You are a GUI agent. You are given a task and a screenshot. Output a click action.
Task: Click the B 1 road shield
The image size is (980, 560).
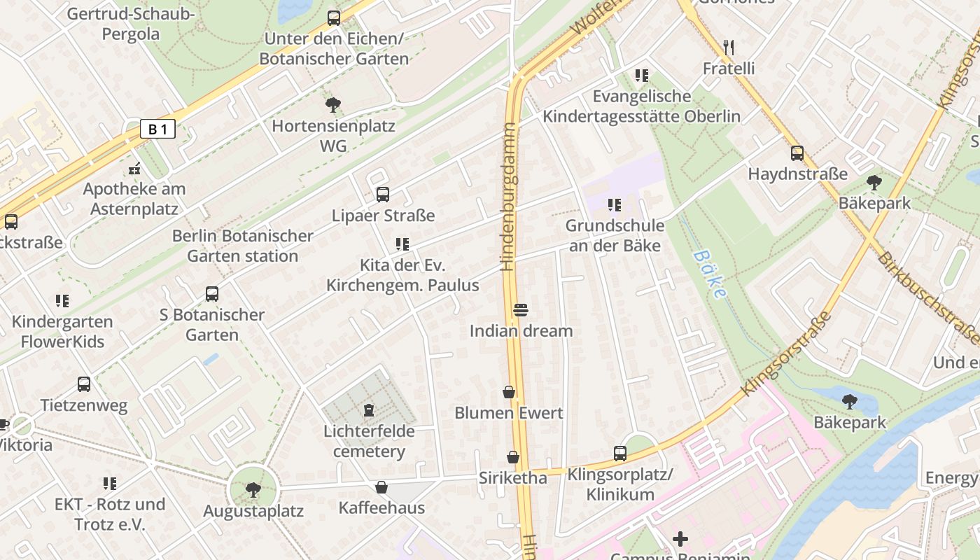point(157,129)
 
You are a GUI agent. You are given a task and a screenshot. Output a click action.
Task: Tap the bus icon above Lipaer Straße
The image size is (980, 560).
point(382,195)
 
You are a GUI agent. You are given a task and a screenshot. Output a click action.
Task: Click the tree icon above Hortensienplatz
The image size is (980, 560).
point(333,106)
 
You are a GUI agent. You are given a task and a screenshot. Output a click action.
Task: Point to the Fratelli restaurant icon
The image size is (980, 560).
point(729,48)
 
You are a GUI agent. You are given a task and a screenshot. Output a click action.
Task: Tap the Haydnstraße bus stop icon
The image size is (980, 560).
point(797,153)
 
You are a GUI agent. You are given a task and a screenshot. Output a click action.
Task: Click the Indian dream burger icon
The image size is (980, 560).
point(520,309)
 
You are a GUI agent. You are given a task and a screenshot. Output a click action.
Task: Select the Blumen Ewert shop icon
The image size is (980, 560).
point(509,392)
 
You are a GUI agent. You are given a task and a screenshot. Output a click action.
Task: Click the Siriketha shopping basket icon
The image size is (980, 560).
point(513,457)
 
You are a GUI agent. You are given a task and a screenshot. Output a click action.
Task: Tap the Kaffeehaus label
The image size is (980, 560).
point(381,507)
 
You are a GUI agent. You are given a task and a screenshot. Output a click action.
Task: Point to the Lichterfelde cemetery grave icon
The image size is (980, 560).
point(369,409)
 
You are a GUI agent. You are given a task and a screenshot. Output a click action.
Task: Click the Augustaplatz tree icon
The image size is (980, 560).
point(253,489)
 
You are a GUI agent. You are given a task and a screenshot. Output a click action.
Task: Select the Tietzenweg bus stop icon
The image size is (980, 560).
point(84,384)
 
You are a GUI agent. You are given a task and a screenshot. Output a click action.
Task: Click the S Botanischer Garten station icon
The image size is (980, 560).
point(212,294)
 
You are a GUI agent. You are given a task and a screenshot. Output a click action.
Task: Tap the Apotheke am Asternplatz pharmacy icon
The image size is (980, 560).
point(134,168)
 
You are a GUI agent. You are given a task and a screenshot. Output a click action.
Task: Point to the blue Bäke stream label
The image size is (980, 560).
point(710,274)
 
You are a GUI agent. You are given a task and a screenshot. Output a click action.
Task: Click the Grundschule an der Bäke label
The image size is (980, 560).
point(615,235)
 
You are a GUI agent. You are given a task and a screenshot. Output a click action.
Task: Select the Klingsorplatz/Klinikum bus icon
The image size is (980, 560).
point(620,453)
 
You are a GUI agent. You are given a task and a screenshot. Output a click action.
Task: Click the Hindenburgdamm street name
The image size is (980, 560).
point(508,197)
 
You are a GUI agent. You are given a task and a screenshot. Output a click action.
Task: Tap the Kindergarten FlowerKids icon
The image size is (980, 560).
point(62,301)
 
